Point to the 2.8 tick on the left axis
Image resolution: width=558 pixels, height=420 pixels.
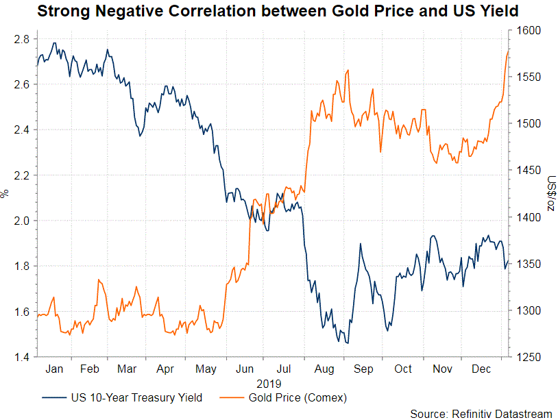(21, 40)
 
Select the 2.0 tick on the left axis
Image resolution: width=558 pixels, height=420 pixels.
(21, 221)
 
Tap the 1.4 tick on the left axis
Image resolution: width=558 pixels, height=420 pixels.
(21, 357)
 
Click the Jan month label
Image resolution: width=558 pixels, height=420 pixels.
(54, 369)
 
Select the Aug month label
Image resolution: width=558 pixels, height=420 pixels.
(325, 369)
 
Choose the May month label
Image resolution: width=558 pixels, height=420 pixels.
(206, 369)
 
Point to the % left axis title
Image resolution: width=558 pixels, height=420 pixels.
(5, 194)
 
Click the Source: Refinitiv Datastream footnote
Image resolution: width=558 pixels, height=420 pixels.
(481, 413)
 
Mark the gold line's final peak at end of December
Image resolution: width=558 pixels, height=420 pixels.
(508, 51)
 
